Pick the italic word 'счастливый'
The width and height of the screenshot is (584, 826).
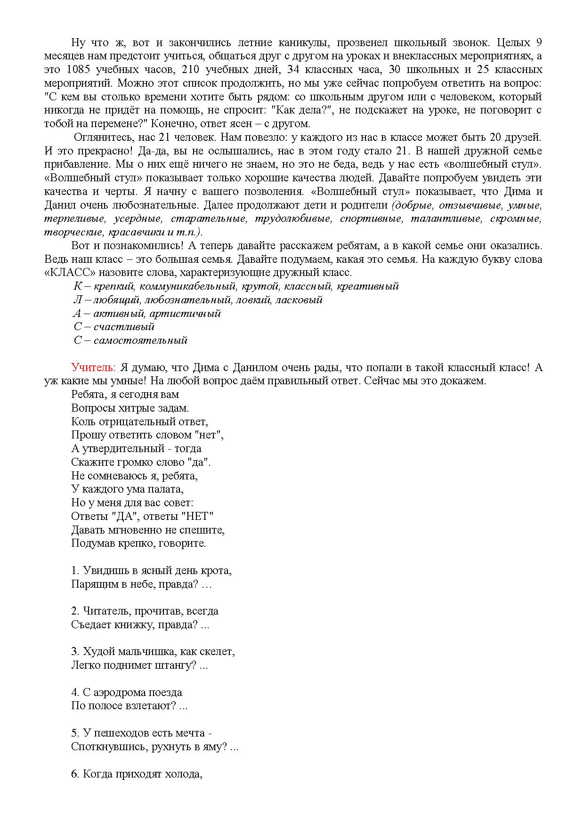pyautogui.click(x=124, y=327)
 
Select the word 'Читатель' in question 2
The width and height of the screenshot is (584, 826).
pyautogui.click(x=106, y=611)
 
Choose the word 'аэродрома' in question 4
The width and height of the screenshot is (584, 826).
pyautogui.click(x=121, y=693)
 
